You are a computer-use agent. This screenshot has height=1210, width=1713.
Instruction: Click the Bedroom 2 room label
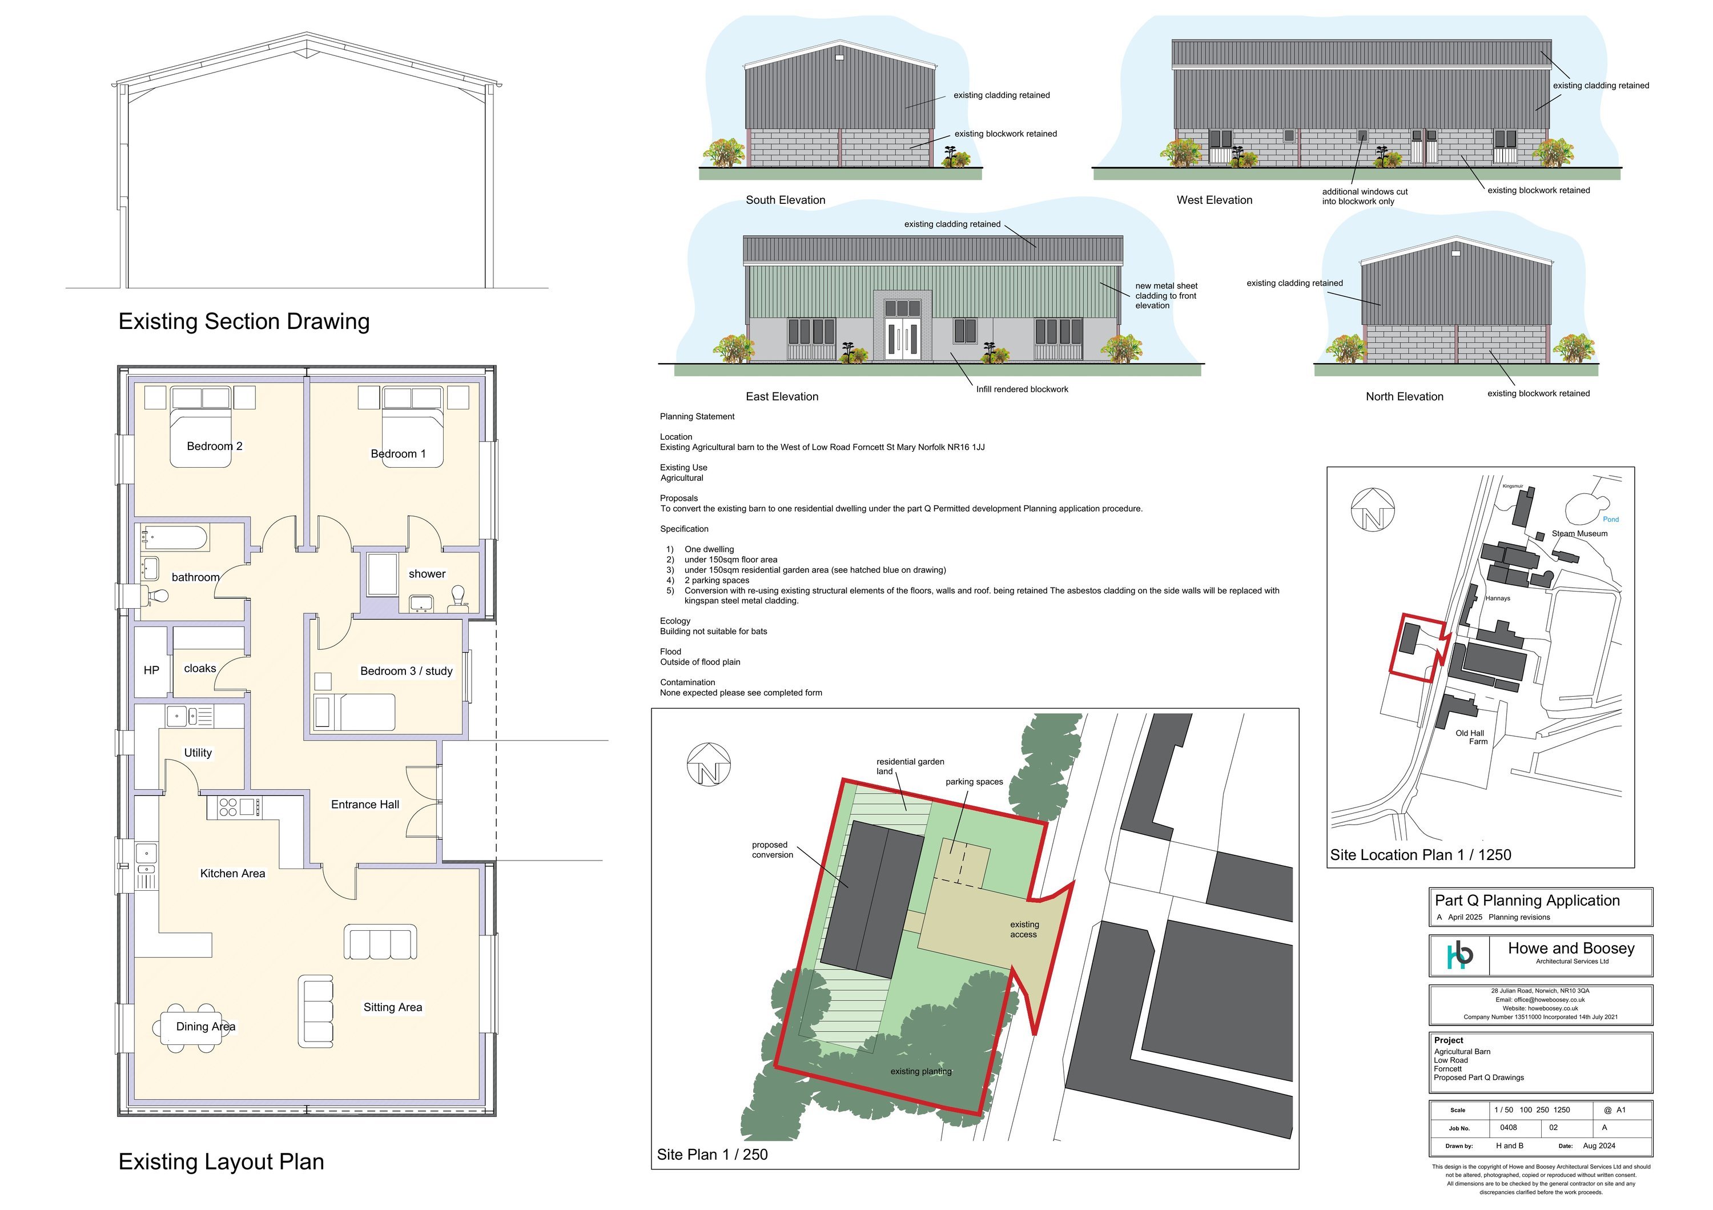pyautogui.click(x=214, y=446)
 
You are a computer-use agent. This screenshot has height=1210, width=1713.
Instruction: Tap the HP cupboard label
pyautogui.click(x=151, y=670)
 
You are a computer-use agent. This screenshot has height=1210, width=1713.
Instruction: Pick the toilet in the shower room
pyautogui.click(x=458, y=597)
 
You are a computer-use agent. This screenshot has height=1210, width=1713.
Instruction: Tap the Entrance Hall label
pyautogui.click(x=365, y=804)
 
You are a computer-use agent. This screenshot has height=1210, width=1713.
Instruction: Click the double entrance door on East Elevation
pyautogui.click(x=903, y=339)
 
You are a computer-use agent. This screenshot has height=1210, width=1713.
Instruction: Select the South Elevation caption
pyautogui.click(x=786, y=200)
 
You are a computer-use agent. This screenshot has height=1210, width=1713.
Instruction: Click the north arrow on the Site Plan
pyautogui.click(x=708, y=765)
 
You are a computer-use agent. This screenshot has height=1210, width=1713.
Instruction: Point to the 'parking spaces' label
pyautogui.click(x=974, y=782)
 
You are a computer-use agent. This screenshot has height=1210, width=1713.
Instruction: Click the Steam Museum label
pyautogui.click(x=1579, y=533)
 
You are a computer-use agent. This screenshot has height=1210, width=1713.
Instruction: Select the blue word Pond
pyautogui.click(x=1611, y=519)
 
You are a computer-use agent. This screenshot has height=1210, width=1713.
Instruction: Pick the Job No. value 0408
pyautogui.click(x=1509, y=1127)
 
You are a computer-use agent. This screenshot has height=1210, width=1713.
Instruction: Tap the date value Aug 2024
pyautogui.click(x=1599, y=1146)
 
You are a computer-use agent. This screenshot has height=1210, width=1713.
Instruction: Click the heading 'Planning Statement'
pyautogui.click(x=697, y=416)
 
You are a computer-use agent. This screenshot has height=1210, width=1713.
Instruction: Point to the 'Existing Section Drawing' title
pyautogui.click(x=244, y=321)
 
